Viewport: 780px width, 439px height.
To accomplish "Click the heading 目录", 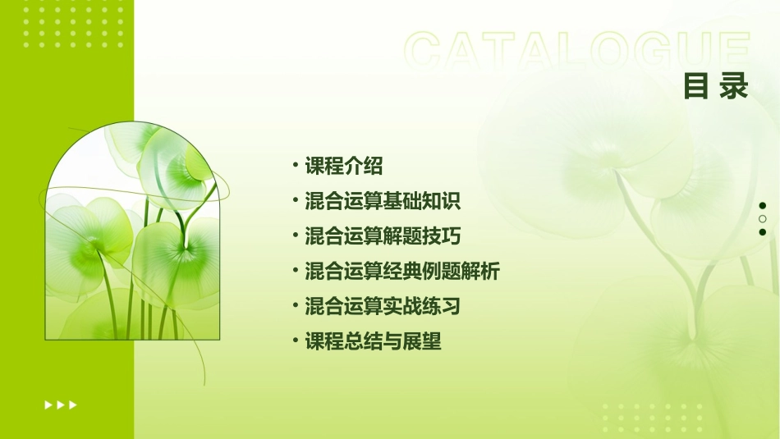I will (x=716, y=86).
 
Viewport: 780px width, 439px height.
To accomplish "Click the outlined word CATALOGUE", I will (x=576, y=51).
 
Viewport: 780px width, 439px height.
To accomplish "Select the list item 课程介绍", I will (x=344, y=166).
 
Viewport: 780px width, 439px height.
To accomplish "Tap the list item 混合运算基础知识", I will (x=383, y=201).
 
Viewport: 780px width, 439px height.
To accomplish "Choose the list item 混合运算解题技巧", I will (x=383, y=236).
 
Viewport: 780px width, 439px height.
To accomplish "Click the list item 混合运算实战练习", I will (x=383, y=306).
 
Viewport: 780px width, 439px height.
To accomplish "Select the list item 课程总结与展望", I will (x=373, y=341).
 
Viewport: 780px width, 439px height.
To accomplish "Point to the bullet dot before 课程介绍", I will (x=296, y=166).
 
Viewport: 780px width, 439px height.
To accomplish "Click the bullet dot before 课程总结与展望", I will (x=296, y=341).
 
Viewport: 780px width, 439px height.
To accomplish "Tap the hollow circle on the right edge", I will (x=763, y=219).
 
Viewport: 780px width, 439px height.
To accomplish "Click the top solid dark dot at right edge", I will (x=763, y=205).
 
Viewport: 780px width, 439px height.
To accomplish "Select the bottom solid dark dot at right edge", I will (x=763, y=232).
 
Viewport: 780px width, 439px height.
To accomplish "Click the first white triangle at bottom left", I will (x=48, y=405).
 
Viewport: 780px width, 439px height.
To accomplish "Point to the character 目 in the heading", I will (x=696, y=86).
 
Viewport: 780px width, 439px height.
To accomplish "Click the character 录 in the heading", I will (x=735, y=86).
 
